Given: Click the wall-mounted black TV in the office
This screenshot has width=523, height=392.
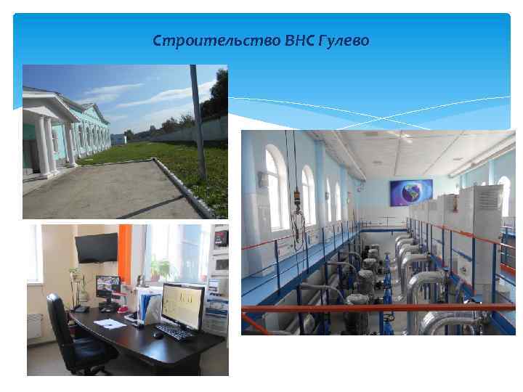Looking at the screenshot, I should [x=96, y=248].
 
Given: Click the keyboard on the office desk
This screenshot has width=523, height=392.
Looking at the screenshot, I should [x=174, y=331].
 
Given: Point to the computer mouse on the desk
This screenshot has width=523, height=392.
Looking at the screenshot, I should [x=158, y=335].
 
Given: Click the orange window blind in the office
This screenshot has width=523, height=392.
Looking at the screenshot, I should [x=125, y=255].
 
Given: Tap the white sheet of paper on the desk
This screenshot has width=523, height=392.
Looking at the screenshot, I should [x=110, y=323].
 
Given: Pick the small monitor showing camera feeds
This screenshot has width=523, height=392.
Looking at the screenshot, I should [x=108, y=285].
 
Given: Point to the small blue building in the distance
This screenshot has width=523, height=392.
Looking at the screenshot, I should [x=118, y=139].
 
